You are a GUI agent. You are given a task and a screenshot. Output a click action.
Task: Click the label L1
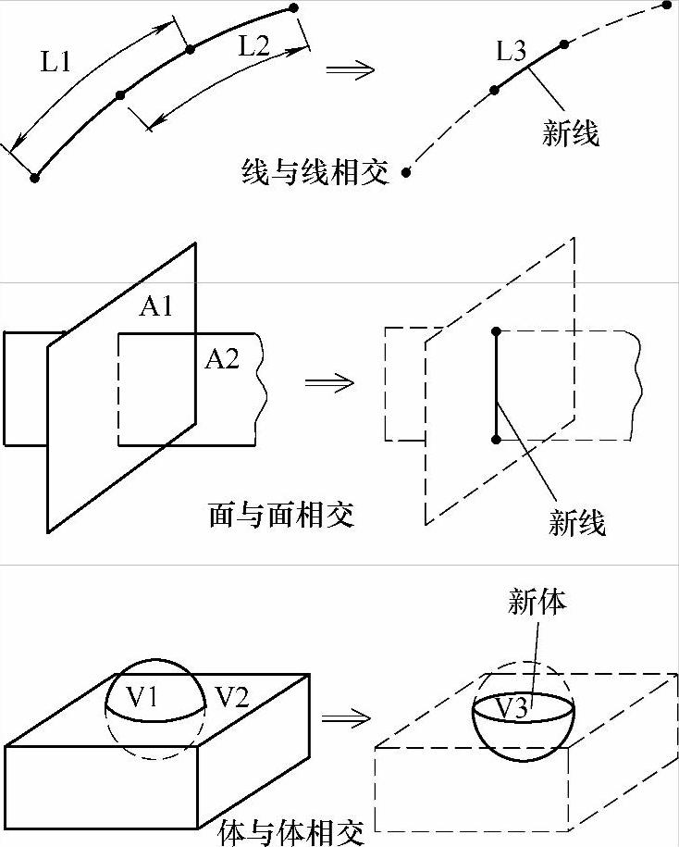pyautogui.click(x=57, y=62)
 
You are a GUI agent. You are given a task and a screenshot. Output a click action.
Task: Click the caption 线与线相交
pyautogui.click(x=315, y=172)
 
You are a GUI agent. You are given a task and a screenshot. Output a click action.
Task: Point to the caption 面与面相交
pyautogui.click(x=281, y=514)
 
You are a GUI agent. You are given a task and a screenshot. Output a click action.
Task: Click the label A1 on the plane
pyautogui.click(x=156, y=306)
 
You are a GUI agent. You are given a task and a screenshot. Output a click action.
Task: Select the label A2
pyautogui.click(x=222, y=359)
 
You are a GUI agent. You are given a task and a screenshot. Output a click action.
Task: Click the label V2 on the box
pyautogui.click(x=231, y=697)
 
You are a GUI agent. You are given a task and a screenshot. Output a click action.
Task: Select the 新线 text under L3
pyautogui.click(x=570, y=134)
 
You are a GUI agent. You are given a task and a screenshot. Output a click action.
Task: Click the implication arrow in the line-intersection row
pyautogui.click(x=351, y=69)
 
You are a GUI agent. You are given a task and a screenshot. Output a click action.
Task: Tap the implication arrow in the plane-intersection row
pyautogui.click(x=329, y=382)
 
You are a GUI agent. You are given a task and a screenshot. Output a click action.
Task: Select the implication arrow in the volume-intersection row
pyautogui.click(x=345, y=717)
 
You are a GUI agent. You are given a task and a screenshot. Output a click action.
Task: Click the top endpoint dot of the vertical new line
pyautogui.click(x=497, y=330)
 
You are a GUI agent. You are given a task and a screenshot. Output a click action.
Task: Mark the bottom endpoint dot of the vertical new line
pyautogui.click(x=497, y=439)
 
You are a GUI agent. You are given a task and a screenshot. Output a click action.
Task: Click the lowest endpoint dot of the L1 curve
pyautogui.click(x=34, y=178)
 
